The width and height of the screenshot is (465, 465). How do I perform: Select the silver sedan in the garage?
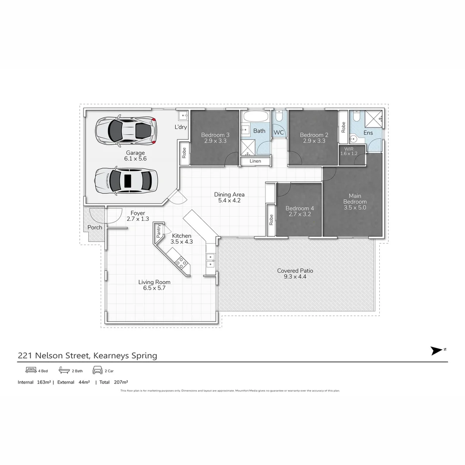coord(126,180)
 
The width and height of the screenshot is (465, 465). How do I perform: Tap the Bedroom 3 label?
coord(215,135)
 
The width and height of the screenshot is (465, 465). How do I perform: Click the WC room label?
coord(279,133)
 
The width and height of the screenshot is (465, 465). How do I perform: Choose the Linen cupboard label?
coord(255,161)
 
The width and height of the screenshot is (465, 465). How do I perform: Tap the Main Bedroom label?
coord(355,198)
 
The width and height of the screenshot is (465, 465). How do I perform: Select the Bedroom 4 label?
coord(300,208)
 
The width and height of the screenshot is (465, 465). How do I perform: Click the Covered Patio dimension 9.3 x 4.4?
coord(295,277)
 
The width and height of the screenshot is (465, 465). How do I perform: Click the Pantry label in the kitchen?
coord(159,232)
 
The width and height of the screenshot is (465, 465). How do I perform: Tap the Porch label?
coord(95,227)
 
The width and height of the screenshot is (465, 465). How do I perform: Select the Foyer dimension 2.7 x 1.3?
coord(138,219)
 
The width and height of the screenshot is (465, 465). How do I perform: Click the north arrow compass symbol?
coord(437,350)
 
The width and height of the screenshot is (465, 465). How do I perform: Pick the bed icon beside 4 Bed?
coord(31,370)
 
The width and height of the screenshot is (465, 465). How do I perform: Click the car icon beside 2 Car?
coord(97,370)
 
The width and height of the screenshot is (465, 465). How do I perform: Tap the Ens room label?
coord(368,133)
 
